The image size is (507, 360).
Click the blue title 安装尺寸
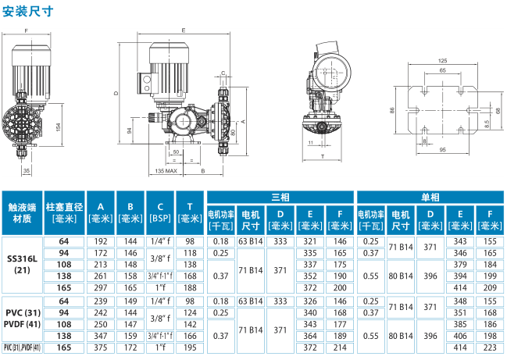[28, 11]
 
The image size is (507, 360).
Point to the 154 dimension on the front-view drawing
[59, 127]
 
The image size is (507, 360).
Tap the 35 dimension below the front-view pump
[27, 170]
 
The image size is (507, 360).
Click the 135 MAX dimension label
[166, 171]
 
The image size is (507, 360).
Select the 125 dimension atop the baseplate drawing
[442, 61]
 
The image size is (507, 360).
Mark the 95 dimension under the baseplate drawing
[442, 150]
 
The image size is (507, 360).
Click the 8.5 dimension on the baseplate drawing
[487, 123]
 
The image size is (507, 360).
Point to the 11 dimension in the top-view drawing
[311, 142]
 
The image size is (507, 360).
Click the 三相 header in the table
[280, 197]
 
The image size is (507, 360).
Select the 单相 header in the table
[430, 197]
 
